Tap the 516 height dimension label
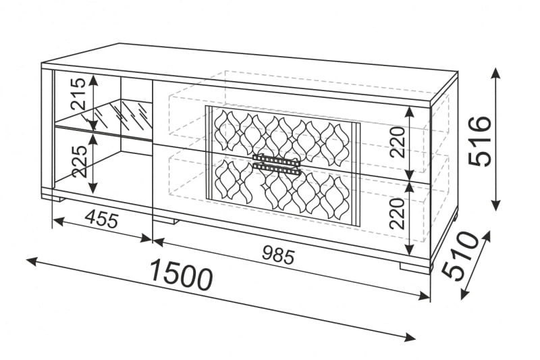pos(480,141)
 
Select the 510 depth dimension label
pos(460,255)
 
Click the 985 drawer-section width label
pos(278,256)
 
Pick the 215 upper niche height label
pos(78,94)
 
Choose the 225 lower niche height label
pos(79,161)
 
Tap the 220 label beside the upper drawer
pos(397,142)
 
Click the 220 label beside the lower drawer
pos(397,213)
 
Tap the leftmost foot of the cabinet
pos(53,198)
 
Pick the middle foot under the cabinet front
pos(165,220)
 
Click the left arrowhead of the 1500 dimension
pos(32,261)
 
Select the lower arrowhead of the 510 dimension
pos(464,294)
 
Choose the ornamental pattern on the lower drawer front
pos(282,190)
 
